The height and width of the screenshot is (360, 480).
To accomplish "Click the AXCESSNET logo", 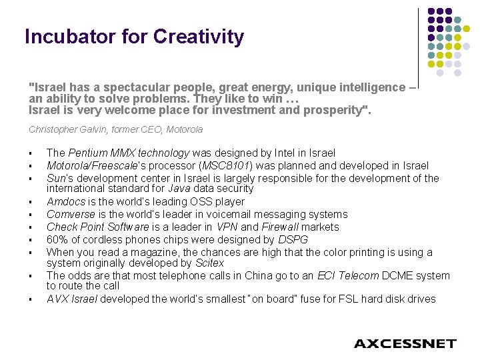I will pyautogui.click(x=405, y=344).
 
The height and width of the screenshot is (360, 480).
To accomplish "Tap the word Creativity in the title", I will pyautogui.click(x=199, y=37).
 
